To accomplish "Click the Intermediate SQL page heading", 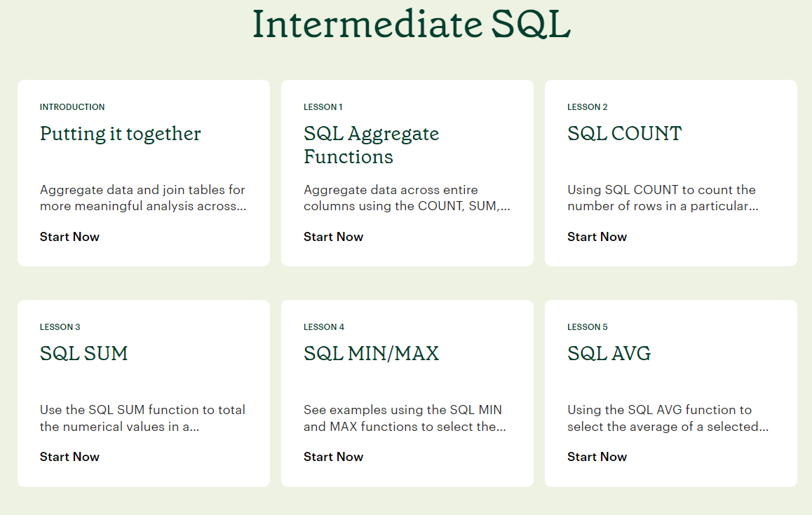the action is point(411,24).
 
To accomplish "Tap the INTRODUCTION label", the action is point(72,107).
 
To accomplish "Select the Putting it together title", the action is point(120,134).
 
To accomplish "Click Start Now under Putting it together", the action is point(69,237).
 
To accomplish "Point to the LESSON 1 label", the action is point(323,107).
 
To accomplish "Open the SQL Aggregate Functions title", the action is point(372,145).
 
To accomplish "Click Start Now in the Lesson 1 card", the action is point(334,237).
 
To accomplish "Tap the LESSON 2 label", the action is point(587,107).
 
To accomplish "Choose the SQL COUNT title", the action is point(625,134).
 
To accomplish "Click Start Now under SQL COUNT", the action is point(597,237).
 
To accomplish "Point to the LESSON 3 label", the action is point(60,327).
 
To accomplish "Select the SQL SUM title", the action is point(84,354).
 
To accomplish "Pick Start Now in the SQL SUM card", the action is point(69,457).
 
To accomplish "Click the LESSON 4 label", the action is point(324,327).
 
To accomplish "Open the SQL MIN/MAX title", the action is point(372,354).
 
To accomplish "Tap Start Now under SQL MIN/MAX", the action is point(334,457).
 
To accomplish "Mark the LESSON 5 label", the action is point(587,327).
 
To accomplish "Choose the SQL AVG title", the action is point(609,354).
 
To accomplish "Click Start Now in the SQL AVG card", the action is point(597,457).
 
